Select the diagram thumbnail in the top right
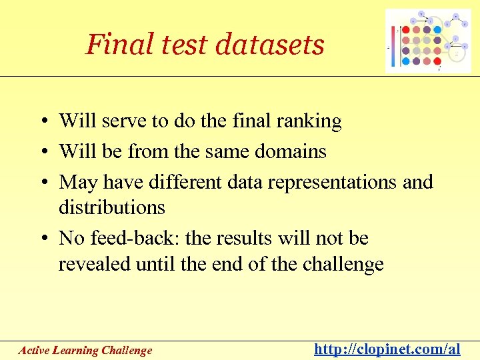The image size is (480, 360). tap(428, 41)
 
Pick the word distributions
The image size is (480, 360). tap(111, 207)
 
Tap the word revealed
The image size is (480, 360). tap(95, 264)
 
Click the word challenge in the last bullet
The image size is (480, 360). tap(343, 264)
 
